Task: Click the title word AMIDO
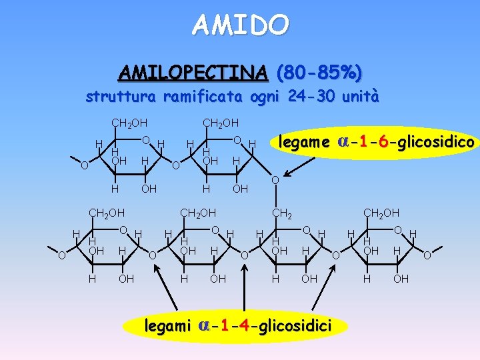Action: [x=241, y=25]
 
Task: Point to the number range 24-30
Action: [x=313, y=97]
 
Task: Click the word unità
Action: [x=359, y=97]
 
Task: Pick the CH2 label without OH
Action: [x=279, y=213]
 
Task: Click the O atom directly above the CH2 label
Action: [x=275, y=181]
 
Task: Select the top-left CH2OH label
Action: [x=129, y=123]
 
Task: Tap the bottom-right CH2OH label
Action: [x=381, y=213]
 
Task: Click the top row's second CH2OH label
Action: [x=221, y=123]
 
